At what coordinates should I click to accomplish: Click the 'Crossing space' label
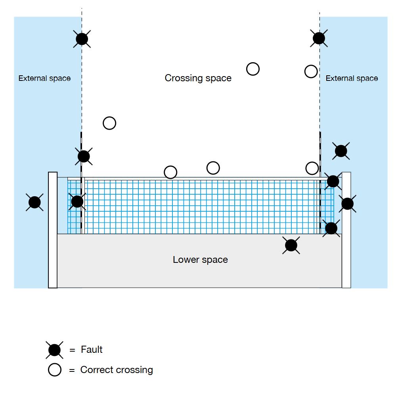point(198,78)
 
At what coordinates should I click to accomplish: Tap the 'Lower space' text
point(200,260)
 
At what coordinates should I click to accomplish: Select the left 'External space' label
point(44,78)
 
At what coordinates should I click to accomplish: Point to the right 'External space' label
point(352,78)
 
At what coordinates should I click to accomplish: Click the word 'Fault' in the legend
point(92,350)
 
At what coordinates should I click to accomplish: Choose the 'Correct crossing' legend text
point(117,370)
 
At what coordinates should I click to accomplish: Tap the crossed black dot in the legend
point(54,350)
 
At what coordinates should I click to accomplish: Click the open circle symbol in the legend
point(55,370)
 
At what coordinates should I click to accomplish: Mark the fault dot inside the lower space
point(291,245)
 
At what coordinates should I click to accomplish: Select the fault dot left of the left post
point(34,202)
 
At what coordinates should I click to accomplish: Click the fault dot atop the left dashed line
point(82,39)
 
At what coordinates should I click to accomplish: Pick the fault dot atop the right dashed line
point(319,38)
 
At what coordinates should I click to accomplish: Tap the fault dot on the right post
point(347,204)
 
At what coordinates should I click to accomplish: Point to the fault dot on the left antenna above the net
point(84,156)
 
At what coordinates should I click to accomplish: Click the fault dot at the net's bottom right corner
point(331,228)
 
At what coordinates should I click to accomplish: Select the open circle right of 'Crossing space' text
point(253,69)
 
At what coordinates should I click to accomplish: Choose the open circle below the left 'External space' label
point(109,123)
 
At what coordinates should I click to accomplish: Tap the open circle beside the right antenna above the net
point(312,168)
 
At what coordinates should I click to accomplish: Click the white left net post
point(53,230)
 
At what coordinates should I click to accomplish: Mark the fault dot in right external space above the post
point(341,151)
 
